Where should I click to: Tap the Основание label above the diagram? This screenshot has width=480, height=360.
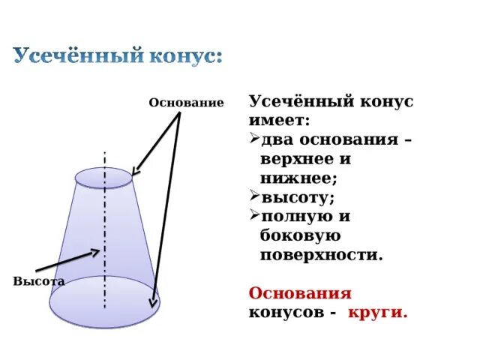tap(186, 102)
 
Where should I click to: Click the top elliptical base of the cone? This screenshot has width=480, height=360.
tap(104, 177)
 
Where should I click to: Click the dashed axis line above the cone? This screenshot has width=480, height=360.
tap(104, 159)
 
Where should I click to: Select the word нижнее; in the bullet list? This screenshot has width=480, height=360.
tap(298, 178)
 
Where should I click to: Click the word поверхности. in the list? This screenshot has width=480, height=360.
tap(321, 254)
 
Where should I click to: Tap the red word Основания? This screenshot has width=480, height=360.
tap(299, 292)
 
